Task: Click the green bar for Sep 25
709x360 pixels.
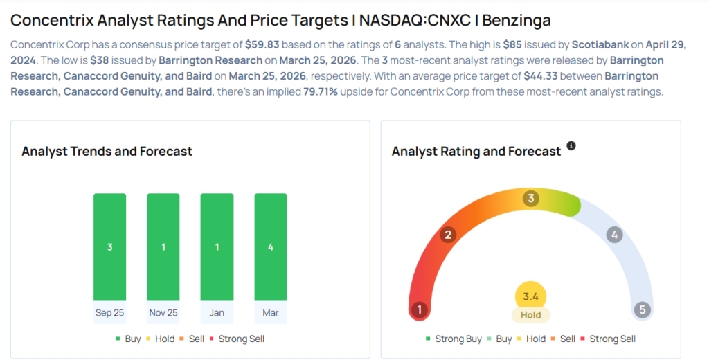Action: tap(109, 246)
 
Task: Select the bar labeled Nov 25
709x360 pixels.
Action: tap(163, 246)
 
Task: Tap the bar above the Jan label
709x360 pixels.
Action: tap(217, 246)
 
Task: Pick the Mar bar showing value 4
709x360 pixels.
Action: tap(271, 246)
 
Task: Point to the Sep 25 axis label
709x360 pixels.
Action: tap(109, 313)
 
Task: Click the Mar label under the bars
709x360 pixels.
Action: tap(271, 313)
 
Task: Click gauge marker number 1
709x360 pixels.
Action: tap(418, 309)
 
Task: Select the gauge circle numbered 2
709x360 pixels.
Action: tap(448, 235)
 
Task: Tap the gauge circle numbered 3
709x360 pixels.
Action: tap(531, 199)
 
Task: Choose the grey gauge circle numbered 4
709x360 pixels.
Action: tap(614, 235)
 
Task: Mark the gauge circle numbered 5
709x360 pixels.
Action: tap(643, 309)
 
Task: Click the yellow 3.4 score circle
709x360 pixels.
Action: tap(531, 297)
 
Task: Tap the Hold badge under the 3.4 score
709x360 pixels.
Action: tap(531, 315)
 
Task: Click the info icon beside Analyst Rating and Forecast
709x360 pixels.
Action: tap(571, 146)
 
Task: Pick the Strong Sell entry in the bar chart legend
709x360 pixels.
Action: tap(241, 339)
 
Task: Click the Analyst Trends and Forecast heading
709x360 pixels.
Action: tap(107, 151)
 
